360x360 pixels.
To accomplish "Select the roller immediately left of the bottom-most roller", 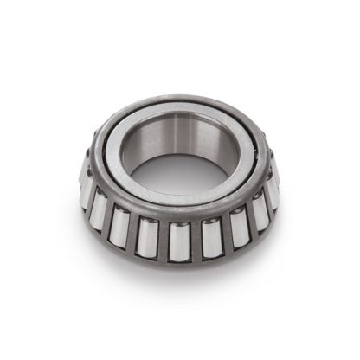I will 148,236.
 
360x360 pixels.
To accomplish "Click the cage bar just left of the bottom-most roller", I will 164,240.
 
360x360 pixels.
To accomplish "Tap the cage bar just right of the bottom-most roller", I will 195,241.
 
